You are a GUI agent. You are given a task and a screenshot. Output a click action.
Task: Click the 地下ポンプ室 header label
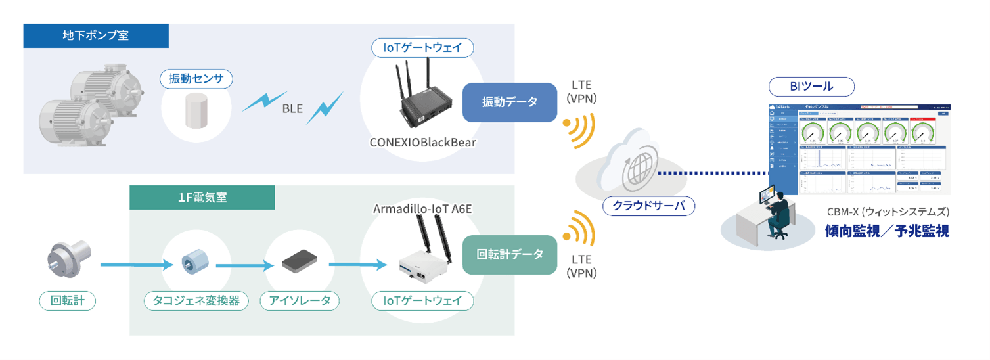pos(96,35)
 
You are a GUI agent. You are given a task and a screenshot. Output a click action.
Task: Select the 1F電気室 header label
pos(202,197)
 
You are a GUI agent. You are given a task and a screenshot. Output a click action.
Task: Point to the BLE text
pos(292,109)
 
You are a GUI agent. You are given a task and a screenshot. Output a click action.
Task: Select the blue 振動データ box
pos(509,102)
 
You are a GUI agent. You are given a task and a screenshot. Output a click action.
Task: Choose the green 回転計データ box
pos(509,254)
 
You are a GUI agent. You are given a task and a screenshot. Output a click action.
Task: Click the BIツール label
pos(811,86)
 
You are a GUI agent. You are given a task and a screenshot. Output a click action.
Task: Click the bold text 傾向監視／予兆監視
pos(887,231)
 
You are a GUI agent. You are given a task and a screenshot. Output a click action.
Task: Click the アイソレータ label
pos(300,301)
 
